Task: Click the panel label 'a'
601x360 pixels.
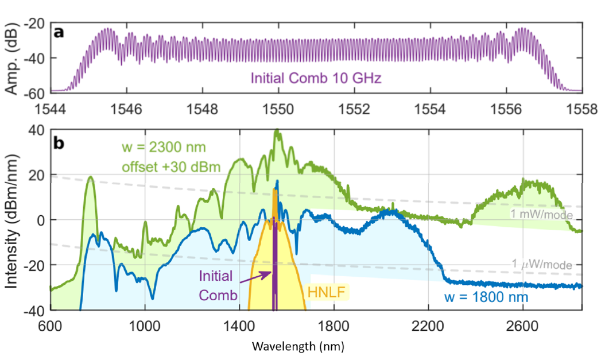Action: [59, 33]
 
